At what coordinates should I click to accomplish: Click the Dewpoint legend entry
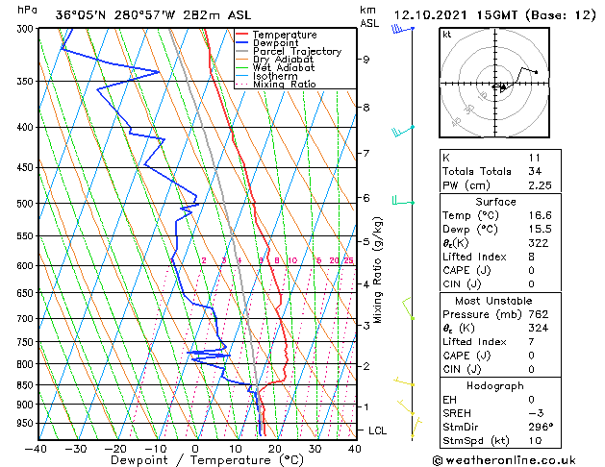coord(274,43)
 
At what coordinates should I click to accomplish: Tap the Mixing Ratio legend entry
coord(285,86)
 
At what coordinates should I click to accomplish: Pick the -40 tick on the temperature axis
coord(37,449)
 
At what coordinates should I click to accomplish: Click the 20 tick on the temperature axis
coord(275,449)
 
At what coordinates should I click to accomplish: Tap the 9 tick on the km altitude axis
coord(366,60)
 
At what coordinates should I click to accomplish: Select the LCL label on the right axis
coord(378,430)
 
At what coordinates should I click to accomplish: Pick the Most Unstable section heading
coord(495,301)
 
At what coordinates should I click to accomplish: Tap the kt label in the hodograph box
coord(446,34)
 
